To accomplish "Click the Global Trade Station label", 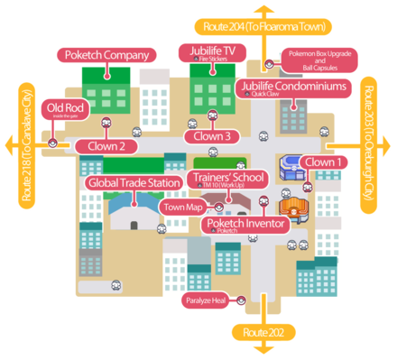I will coord(134,183).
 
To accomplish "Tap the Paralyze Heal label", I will coord(207,300).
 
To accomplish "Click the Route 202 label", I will coord(263,333).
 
